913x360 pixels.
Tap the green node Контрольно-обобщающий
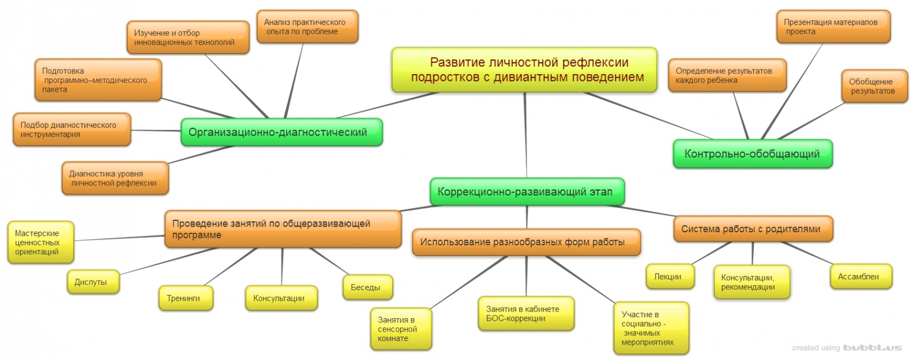pos(752,154)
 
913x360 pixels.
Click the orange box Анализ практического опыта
pos(306,27)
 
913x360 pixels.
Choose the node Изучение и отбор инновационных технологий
pos(187,38)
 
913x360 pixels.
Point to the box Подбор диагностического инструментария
pos(71,130)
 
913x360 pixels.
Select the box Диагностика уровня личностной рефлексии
pos(115,178)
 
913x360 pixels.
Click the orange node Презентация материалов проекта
pos(833,27)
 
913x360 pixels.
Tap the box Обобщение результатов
pos(874,86)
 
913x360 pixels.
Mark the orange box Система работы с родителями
pos(753,229)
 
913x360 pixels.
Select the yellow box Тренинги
pos(185,298)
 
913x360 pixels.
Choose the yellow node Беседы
pos(367,288)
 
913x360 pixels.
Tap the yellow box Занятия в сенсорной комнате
pos(400,329)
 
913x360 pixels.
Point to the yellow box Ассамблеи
pos(860,277)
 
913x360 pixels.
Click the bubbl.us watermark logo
pos(872,347)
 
